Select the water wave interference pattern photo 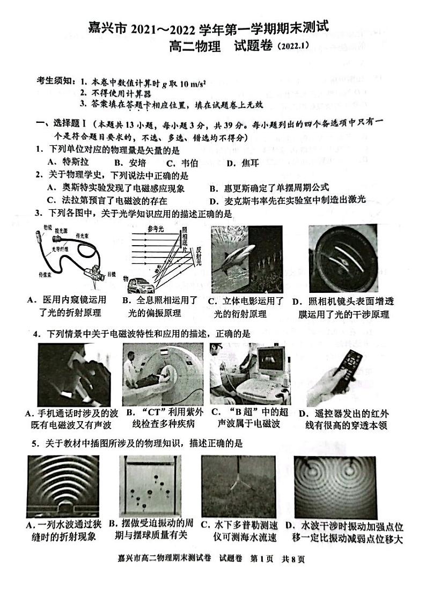(x=335, y=486)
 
